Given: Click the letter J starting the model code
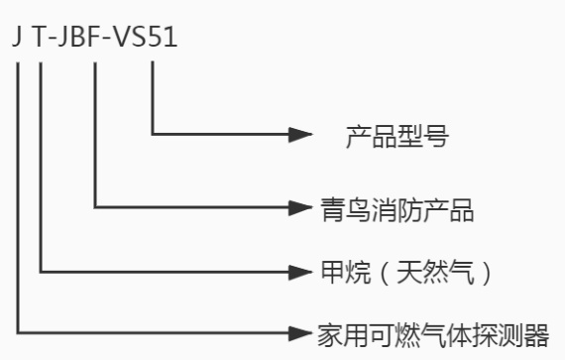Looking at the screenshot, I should (18, 37).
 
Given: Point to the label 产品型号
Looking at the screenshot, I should (395, 135).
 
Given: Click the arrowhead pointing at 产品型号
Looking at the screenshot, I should (301, 134).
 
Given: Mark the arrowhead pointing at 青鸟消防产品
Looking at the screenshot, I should (300, 208).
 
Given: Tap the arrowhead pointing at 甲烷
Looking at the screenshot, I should (300, 270).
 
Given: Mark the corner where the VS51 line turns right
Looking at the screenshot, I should (153, 134).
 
